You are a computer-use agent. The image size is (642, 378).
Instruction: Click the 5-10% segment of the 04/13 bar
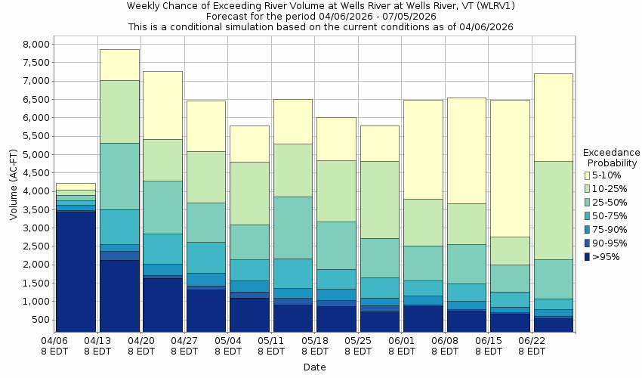point(119,65)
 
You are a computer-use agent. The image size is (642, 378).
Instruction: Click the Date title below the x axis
point(314,367)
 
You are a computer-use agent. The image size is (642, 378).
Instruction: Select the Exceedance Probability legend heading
point(612,157)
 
